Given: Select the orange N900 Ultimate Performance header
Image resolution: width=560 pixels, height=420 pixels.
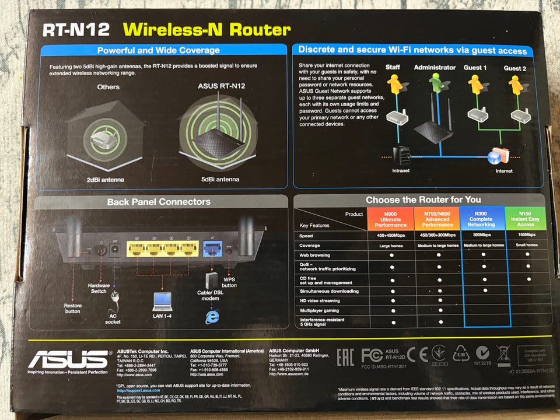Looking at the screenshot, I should click(390, 220).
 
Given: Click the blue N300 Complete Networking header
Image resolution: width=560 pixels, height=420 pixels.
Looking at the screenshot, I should click(481, 220).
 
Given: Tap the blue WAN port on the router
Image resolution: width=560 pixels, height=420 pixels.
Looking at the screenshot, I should click(211, 249).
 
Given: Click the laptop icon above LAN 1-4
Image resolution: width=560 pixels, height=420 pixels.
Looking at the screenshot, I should click(162, 302).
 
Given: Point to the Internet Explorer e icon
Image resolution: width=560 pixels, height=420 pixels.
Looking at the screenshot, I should click(211, 316).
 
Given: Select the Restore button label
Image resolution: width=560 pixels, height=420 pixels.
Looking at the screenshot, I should click(73, 307).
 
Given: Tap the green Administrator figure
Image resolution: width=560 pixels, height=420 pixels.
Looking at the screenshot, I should click(435, 83).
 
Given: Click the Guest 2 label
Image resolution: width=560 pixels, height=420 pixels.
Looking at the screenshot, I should click(515, 68).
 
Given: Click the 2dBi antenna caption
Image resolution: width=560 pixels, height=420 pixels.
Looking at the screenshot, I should click(105, 180).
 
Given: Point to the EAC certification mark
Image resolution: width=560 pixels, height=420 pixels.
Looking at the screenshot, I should click(345, 357).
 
